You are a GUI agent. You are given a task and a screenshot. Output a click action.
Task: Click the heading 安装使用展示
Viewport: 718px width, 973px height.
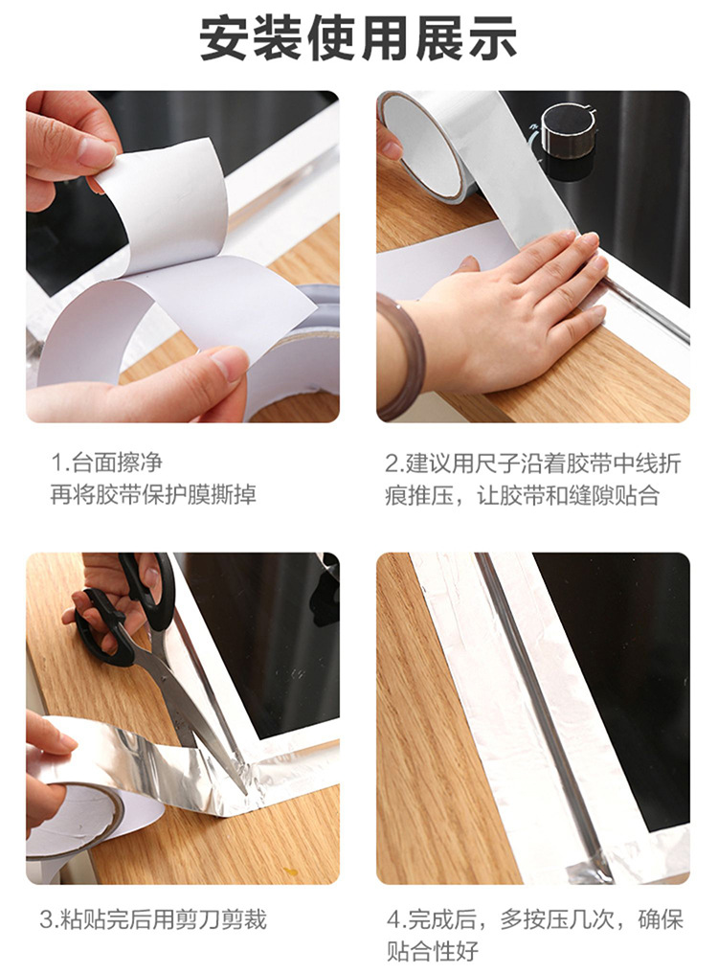(358, 38)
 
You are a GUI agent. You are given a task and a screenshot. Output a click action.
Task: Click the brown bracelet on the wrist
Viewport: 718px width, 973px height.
(401, 356)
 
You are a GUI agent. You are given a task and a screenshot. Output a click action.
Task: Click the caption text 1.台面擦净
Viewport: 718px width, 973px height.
(106, 463)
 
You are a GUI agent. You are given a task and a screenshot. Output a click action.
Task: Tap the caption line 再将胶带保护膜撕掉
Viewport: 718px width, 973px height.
(153, 494)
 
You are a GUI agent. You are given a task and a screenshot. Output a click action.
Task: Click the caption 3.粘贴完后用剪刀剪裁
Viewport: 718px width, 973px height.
(153, 919)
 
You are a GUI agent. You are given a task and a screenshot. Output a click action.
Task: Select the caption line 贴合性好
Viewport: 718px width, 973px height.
(433, 950)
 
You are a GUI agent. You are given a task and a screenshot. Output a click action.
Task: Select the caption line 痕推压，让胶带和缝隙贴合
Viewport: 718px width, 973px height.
(522, 496)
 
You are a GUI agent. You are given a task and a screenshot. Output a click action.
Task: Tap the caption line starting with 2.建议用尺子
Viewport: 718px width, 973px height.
(532, 463)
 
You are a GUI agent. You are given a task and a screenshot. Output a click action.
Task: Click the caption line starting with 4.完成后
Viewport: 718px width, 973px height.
(535, 919)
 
